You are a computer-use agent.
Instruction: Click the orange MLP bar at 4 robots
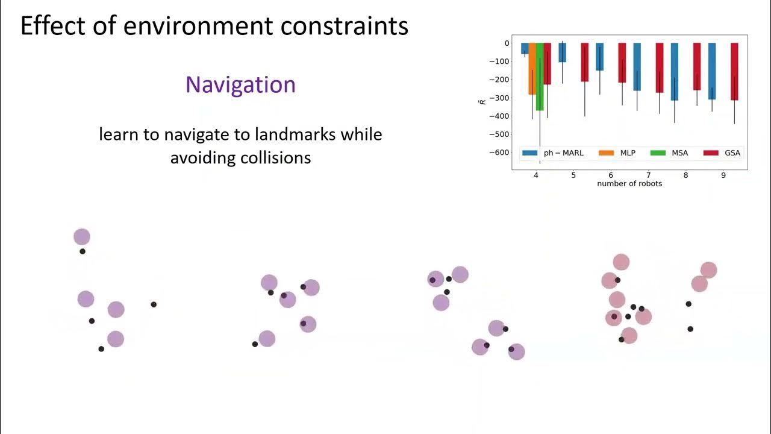click(x=532, y=69)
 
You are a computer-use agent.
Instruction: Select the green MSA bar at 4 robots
click(x=540, y=77)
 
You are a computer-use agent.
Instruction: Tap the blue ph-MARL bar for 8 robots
click(x=675, y=71)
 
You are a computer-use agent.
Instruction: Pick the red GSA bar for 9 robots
click(x=734, y=71)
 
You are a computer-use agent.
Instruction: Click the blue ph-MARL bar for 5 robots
click(x=562, y=52)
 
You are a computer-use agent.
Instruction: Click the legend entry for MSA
click(x=669, y=153)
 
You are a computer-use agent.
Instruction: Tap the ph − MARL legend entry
click(x=553, y=153)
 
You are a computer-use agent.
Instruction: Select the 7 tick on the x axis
click(x=648, y=175)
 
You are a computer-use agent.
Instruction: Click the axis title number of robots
click(x=629, y=183)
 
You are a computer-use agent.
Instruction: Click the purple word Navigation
click(x=240, y=84)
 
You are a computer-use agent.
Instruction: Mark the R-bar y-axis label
click(x=482, y=101)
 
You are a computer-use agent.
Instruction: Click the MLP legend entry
click(x=617, y=153)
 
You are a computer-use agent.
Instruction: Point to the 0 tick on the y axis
click(x=507, y=43)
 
